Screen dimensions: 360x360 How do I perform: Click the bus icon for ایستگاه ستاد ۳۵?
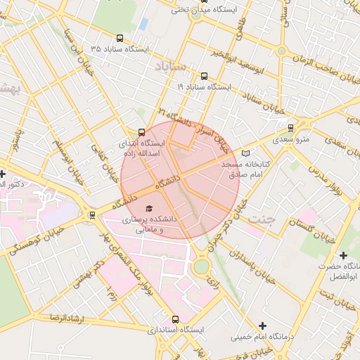click(x=120, y=39)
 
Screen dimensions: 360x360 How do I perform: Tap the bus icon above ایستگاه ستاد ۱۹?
click(x=204, y=76)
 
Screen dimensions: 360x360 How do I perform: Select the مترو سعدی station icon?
click(x=291, y=128)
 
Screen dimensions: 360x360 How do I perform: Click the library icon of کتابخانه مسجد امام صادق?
click(x=245, y=153)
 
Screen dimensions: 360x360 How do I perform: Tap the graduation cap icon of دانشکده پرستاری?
click(x=148, y=208)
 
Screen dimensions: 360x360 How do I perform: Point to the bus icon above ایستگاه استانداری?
click(x=176, y=319)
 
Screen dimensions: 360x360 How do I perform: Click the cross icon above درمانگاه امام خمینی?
click(x=262, y=326)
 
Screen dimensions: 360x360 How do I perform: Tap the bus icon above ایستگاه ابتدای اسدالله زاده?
click(x=142, y=131)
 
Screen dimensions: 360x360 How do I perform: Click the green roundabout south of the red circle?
click(x=202, y=266)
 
